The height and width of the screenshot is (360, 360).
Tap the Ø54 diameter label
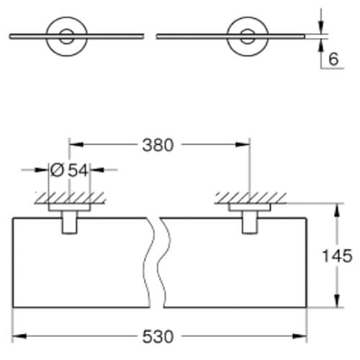pos(69,170)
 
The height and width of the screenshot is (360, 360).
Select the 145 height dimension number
pos(337,256)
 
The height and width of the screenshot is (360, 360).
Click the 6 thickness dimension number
pos(333,59)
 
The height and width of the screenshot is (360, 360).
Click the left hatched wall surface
pos(69,197)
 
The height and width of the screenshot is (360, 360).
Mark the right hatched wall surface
pos(249,197)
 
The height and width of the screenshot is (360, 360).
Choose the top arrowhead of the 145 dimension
pos(336,210)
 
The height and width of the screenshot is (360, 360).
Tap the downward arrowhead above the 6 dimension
pos(320,26)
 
